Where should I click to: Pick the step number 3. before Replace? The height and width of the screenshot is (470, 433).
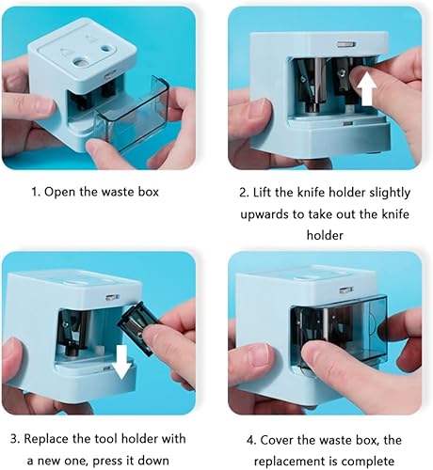pyautogui.click(x=14, y=438)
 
